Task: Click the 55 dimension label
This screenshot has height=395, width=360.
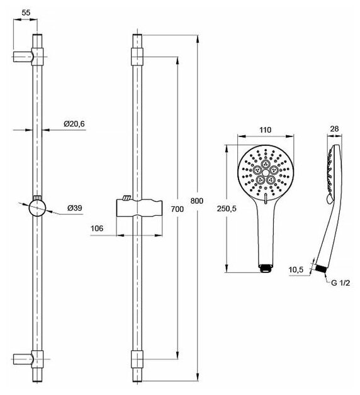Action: [x=26, y=13]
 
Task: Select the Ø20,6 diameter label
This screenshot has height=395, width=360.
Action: [x=74, y=124]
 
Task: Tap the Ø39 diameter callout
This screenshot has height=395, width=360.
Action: [x=75, y=208]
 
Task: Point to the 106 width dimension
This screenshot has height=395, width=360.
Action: [x=97, y=228]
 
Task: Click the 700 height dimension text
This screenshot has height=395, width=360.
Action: [x=177, y=209]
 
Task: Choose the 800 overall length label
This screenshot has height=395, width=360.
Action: [x=197, y=201]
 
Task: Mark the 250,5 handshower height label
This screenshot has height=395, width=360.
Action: [x=227, y=209]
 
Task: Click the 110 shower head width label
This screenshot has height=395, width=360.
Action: [x=266, y=130]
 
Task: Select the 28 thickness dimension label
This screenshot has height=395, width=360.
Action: [x=334, y=129]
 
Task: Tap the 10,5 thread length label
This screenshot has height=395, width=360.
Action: [x=296, y=270]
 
